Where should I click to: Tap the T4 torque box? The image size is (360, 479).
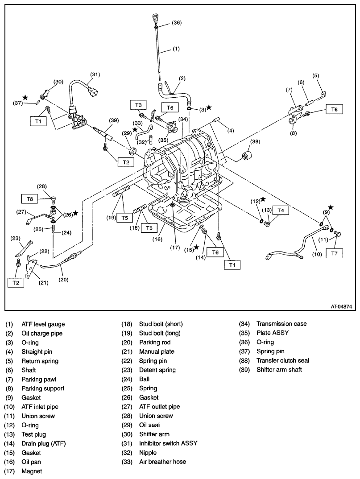coord(280,210)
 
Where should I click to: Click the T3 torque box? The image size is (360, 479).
coord(139,105)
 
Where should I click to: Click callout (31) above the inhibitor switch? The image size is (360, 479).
coord(95,74)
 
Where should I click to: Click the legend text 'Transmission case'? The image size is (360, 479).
coord(281,324)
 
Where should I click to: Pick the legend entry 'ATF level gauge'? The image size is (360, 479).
coord(43,324)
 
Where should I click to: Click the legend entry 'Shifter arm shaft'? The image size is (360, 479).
coord(279,370)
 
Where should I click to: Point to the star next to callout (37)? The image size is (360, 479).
coord(25,97)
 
